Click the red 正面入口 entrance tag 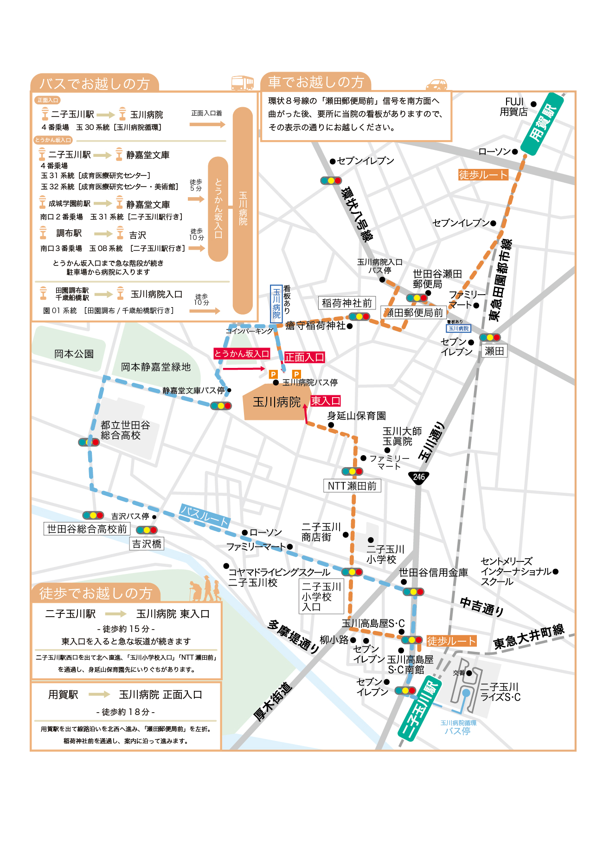[304, 357]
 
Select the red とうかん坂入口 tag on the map [242, 354]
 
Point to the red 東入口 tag [326, 401]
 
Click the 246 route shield [419, 477]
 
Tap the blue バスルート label [205, 515]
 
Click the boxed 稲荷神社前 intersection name [346, 303]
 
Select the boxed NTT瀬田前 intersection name [352, 486]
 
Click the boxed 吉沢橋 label [147, 544]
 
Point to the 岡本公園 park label [74, 354]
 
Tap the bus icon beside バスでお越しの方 [242, 83]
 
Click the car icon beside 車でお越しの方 [436, 84]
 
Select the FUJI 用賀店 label [514, 107]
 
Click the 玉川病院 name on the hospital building [276, 402]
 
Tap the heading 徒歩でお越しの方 [96, 593]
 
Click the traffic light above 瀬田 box [490, 337]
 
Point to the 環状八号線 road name [357, 214]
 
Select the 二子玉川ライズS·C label [500, 692]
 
